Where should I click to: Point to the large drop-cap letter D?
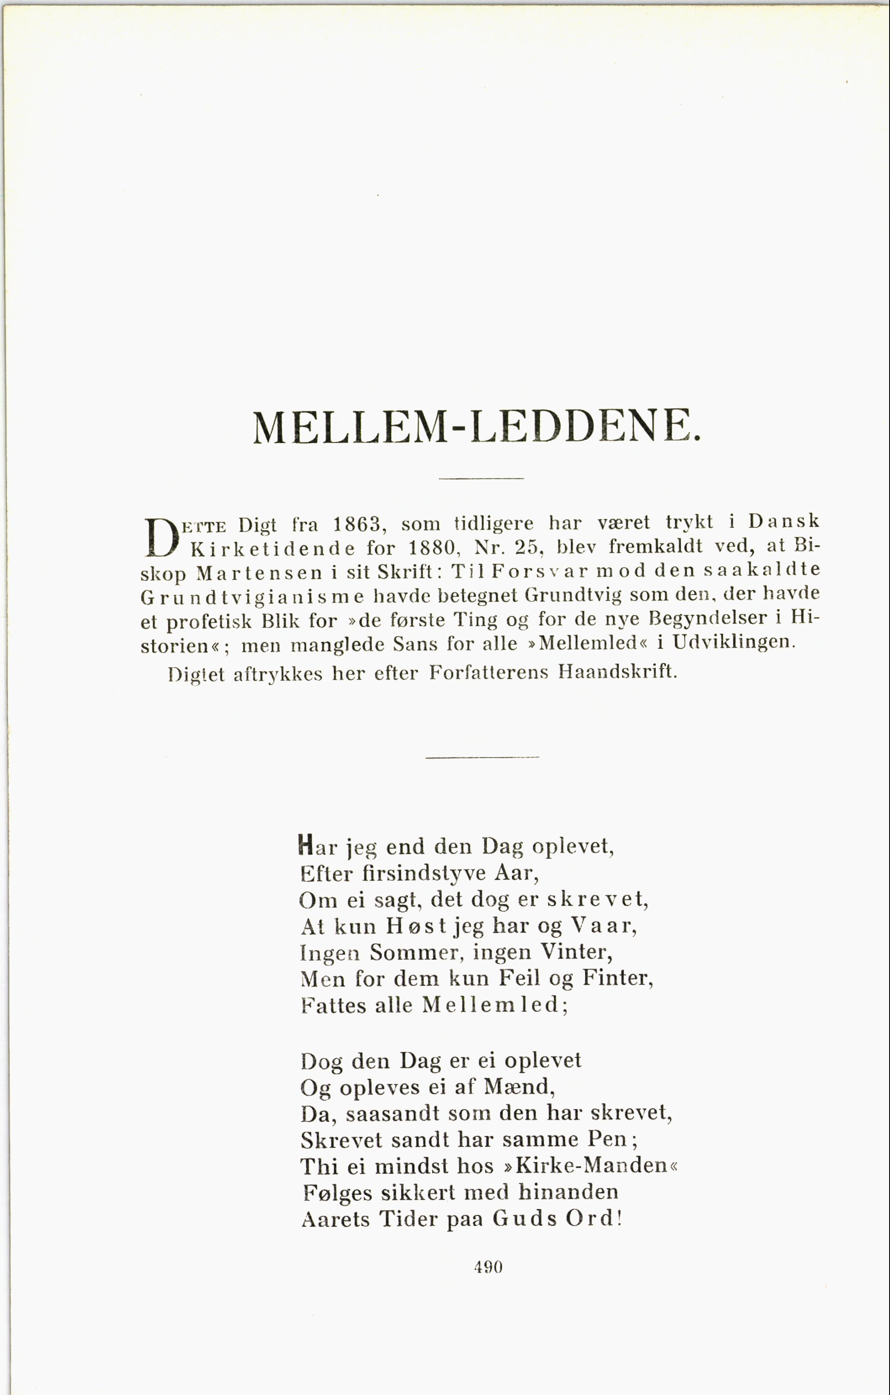pyautogui.click(x=162, y=536)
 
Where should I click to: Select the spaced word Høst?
pyautogui.click(x=416, y=926)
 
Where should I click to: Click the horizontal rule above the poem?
pyautogui.click(x=482, y=757)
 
